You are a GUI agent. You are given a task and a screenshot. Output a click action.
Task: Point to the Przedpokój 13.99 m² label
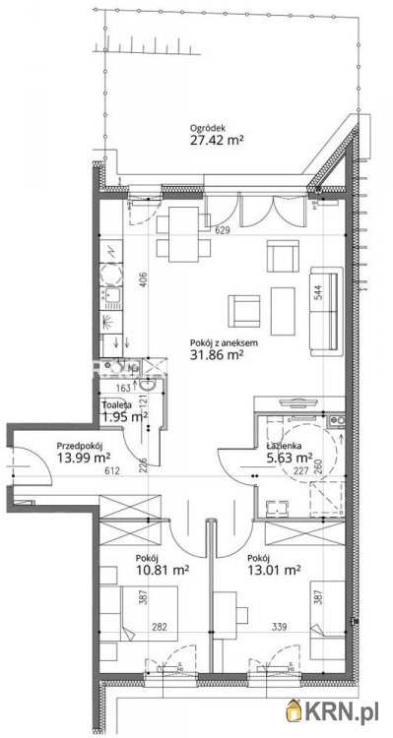[83, 450]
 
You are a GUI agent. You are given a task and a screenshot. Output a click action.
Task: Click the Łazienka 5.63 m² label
[290, 450]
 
